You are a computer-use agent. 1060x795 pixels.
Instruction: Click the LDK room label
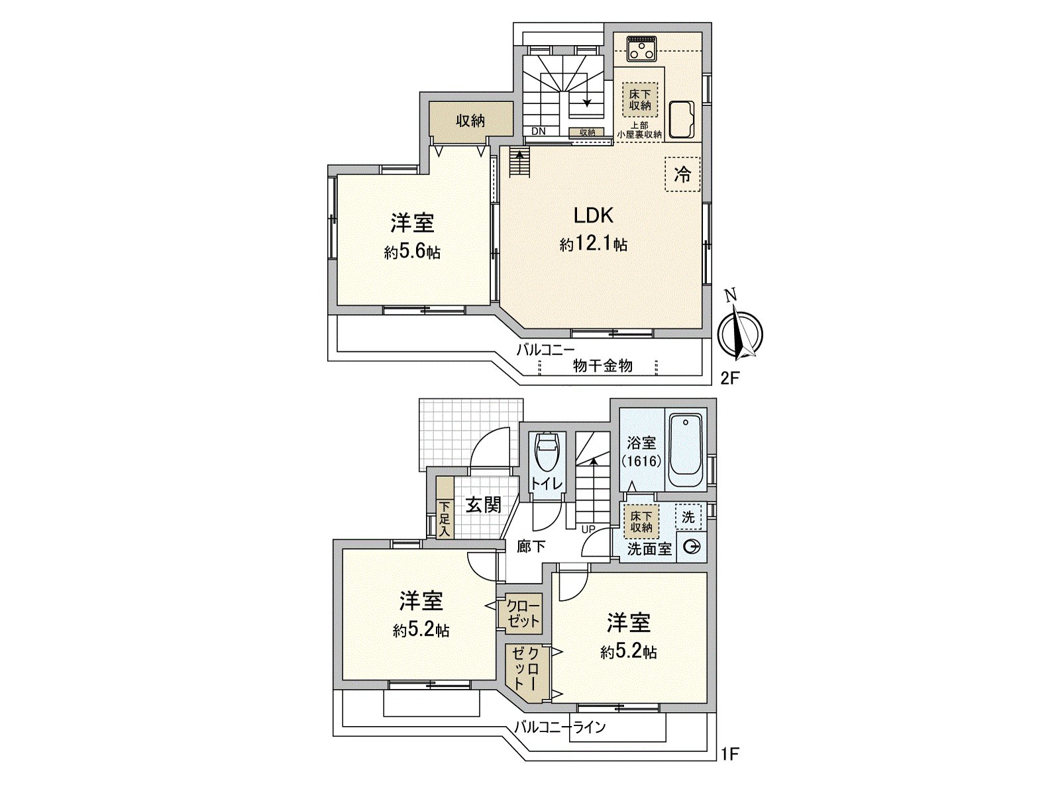coord(593,215)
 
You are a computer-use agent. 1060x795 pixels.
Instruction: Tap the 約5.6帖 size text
coord(412,252)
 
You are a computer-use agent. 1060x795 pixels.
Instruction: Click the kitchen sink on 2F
coord(682,119)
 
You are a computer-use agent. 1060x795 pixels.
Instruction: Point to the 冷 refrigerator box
coord(682,174)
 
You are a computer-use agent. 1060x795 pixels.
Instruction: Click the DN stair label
coord(539,131)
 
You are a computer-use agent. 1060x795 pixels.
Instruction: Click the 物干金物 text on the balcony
coord(602,366)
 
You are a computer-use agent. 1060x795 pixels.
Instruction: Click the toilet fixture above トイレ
coord(547,450)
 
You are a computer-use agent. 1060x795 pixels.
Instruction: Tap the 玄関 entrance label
coord(483,505)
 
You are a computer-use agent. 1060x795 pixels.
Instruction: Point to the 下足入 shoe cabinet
coord(445,517)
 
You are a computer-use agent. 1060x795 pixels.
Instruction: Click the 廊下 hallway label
coord(531,547)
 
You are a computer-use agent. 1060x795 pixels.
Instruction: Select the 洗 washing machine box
coord(688,517)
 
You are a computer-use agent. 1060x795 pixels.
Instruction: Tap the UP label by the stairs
coord(588,529)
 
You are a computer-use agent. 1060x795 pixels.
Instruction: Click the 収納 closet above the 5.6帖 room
coord(470,121)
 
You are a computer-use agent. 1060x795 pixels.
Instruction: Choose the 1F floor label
coord(729,753)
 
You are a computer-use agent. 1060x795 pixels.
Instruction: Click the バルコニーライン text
coord(560,727)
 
